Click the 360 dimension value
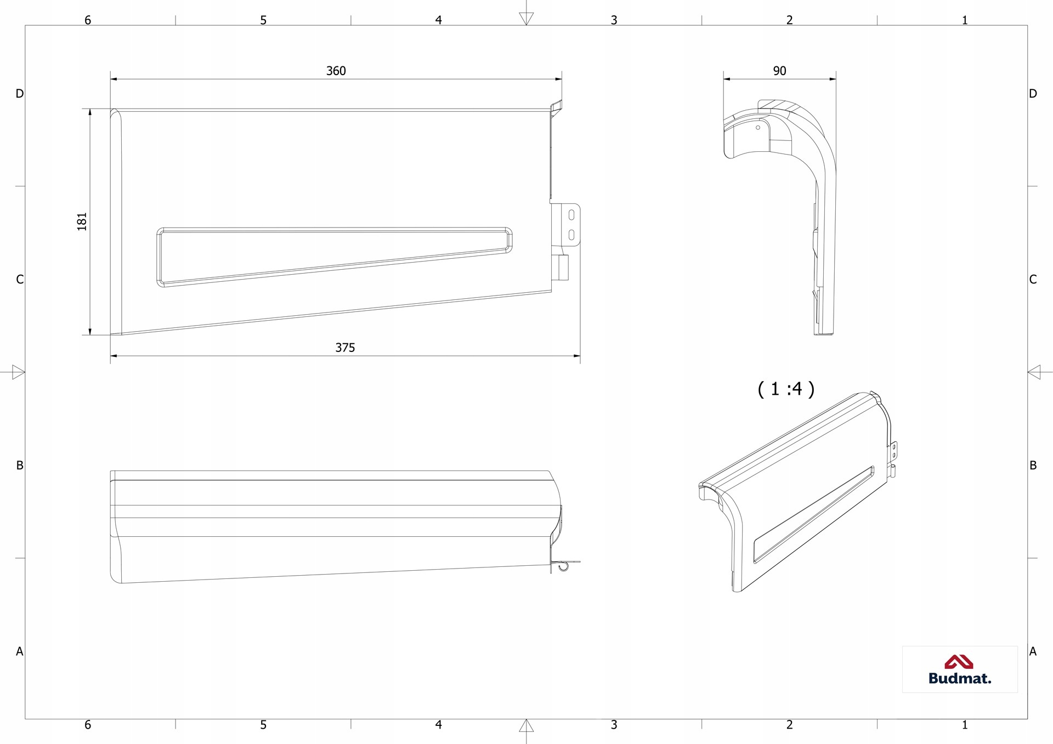[x=336, y=71]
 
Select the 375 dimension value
[x=345, y=348]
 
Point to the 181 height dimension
[x=82, y=222]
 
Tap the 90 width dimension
[x=779, y=71]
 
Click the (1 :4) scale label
[x=786, y=389]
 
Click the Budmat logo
[x=960, y=669]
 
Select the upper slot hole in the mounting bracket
[x=571, y=214]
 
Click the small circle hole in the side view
[x=758, y=128]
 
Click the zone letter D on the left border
[x=20, y=94]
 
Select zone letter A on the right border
[x=1033, y=651]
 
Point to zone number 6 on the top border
[x=88, y=20]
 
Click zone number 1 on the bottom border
[x=965, y=725]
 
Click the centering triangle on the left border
[x=19, y=372]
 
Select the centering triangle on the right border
[x=1034, y=372]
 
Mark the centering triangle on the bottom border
[x=526, y=726]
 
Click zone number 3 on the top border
[x=614, y=20]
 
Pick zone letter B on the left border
[x=20, y=465]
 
